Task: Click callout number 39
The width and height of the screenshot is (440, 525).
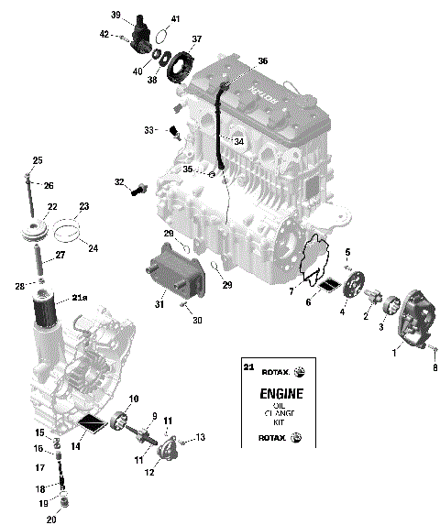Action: (116, 15)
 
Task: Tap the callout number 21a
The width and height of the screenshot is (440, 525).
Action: (80, 298)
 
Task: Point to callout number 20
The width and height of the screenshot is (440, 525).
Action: (50, 520)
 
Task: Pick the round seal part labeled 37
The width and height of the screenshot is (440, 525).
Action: (181, 67)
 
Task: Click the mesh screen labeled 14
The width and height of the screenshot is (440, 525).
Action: (92, 423)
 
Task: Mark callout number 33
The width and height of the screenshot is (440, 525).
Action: (149, 130)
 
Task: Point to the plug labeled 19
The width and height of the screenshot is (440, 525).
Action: (64, 500)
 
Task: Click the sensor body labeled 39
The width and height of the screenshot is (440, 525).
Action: (143, 31)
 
